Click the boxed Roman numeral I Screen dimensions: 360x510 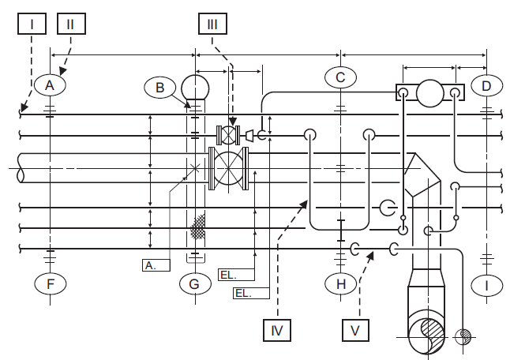coord(32,24)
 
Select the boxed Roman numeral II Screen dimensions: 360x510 coord(70,24)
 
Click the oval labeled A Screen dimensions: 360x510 coord(50,84)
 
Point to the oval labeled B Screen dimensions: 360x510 coord(160,88)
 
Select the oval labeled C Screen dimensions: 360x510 coord(340,77)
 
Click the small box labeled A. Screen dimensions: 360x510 coord(150,265)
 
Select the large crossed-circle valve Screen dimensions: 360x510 coord(229,169)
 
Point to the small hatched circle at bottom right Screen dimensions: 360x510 coord(463,336)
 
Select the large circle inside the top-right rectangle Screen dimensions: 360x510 coord(429,93)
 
